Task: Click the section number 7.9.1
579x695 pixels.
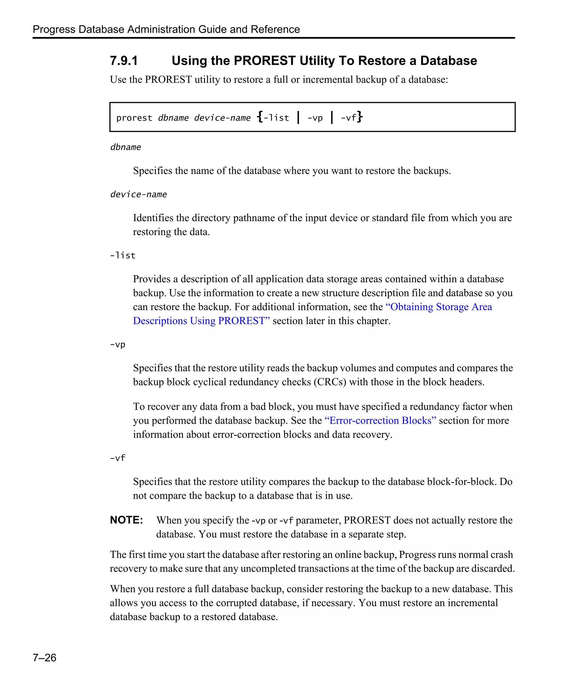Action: (124, 61)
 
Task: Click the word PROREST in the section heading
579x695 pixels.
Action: (264, 61)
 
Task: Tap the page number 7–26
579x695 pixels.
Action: (44, 657)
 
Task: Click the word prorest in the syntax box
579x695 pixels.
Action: (134, 118)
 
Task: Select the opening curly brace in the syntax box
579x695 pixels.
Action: (260, 117)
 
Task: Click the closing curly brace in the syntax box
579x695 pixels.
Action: (360, 117)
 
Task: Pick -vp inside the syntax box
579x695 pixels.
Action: (315, 118)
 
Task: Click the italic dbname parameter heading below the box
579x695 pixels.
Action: (126, 147)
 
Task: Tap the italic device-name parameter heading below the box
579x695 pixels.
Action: (138, 194)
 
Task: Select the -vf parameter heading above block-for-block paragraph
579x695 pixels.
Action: (117, 458)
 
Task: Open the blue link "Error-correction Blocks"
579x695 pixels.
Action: (380, 420)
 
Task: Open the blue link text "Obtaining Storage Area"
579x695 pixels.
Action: (439, 307)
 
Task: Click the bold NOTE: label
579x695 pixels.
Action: (126, 520)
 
